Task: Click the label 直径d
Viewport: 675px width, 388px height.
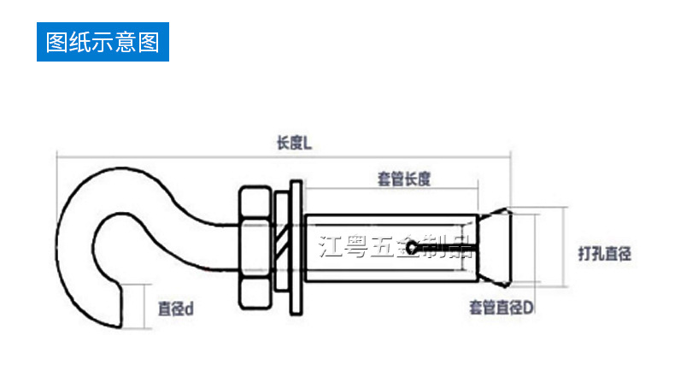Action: (x=175, y=309)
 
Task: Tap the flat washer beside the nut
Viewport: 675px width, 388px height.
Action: (x=296, y=248)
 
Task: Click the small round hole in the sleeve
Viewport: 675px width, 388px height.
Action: (x=413, y=249)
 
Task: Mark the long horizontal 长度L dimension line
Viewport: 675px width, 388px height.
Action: (x=171, y=155)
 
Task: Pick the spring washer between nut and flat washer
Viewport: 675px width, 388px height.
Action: (x=281, y=248)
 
